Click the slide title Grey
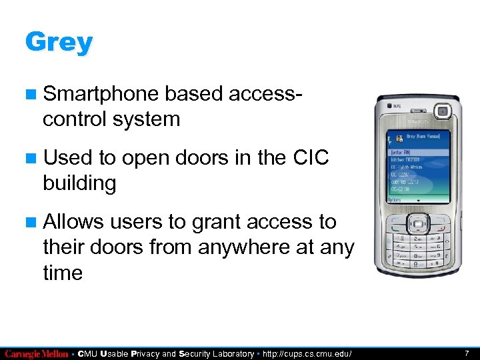tap(59, 43)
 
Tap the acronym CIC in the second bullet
tap(311, 157)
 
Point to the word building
tap(79, 183)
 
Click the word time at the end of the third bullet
tap(62, 272)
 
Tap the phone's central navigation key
tap(418, 221)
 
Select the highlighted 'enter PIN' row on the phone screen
tap(417, 152)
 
